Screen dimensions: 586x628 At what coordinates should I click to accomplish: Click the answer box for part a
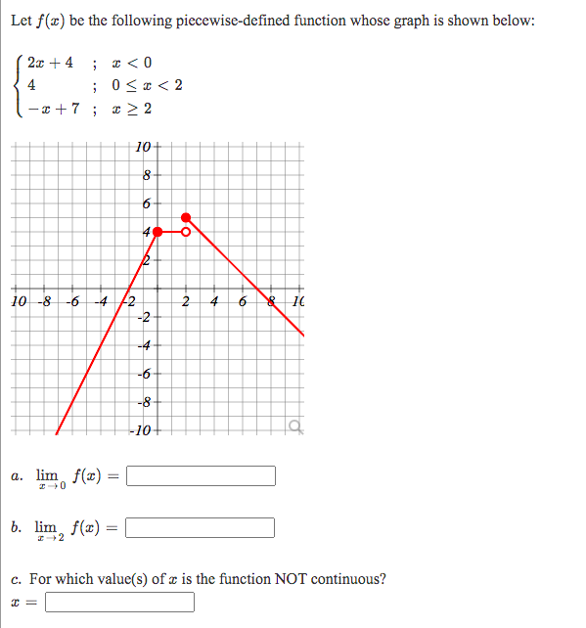(201, 476)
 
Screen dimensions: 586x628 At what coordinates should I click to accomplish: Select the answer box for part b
(201, 528)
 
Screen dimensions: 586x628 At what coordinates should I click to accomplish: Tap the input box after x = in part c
(119, 602)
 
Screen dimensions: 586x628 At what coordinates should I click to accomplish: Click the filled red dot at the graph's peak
(186, 217)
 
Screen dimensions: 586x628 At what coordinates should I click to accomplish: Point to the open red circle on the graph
(186, 232)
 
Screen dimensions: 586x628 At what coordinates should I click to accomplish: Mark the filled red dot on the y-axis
(157, 232)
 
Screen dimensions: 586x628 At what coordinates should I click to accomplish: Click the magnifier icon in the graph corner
(293, 425)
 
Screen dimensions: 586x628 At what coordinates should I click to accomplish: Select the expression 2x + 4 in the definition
(51, 64)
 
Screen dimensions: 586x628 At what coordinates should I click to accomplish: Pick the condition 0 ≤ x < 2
(148, 84)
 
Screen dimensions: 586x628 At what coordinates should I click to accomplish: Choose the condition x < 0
(132, 64)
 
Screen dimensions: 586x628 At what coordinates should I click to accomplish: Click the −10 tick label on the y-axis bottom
(142, 429)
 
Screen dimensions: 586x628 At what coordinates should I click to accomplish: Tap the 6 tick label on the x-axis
(241, 300)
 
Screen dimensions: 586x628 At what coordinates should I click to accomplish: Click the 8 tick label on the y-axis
(145, 176)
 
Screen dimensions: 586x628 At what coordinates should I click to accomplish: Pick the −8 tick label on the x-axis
(45, 300)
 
